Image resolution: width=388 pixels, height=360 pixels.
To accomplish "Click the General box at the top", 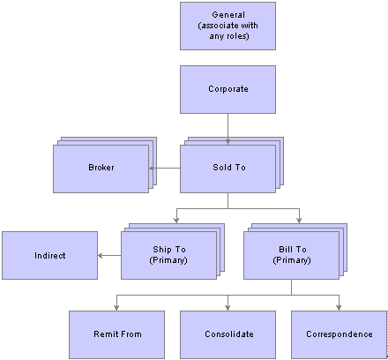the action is coord(228,26).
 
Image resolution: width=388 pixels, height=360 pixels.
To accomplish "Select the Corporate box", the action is coord(228,89).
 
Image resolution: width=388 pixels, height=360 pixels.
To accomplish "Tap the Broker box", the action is coord(101,169).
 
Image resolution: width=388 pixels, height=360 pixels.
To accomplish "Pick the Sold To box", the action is coord(228,169).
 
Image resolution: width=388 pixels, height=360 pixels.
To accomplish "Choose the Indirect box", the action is coord(49,255).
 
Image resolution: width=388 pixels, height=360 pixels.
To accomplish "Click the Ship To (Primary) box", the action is coord(168,255).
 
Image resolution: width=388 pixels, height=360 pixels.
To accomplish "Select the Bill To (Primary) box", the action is coord(291,255).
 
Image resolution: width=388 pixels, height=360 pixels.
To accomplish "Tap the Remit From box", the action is coord(116,334).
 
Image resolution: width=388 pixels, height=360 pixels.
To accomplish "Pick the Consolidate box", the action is coord(228,334).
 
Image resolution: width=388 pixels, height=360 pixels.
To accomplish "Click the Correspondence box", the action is coord(339,334).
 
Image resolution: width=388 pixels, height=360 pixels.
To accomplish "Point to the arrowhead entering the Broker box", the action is coord(152,169).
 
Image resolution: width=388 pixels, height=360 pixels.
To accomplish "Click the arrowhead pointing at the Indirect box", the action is coord(101,255).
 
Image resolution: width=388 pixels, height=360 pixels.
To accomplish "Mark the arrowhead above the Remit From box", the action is coord(116,308).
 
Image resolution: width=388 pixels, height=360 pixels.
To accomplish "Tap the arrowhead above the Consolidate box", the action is coord(228,308).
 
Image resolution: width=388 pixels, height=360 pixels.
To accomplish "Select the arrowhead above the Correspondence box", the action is coord(339,308).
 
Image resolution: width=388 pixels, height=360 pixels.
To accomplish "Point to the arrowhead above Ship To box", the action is coord(176,221).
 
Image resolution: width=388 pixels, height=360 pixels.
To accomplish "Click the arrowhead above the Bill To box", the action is coord(299,221).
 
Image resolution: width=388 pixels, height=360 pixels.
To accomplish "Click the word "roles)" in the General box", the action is coord(237,36).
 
